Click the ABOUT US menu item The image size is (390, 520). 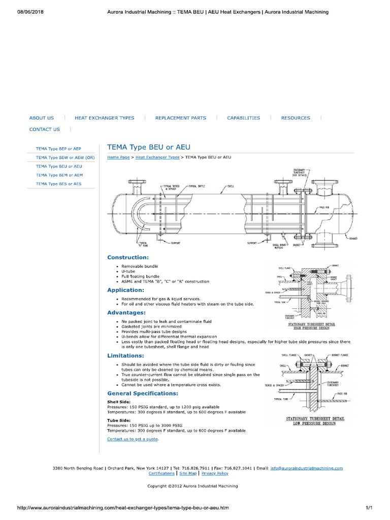point(42,118)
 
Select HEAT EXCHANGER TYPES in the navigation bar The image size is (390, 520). point(105,118)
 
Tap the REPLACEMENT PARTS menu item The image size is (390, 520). point(181,118)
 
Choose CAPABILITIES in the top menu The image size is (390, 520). point(243,118)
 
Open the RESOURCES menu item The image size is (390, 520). point(296,118)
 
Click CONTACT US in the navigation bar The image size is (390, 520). point(45,129)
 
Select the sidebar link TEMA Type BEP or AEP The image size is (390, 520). point(58,149)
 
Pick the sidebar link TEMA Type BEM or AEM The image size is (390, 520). point(59,175)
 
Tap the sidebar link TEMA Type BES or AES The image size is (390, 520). point(58,183)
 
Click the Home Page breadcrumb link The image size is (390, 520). point(118,157)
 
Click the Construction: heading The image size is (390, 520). point(128,257)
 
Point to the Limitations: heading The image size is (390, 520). point(125,355)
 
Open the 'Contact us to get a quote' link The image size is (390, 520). point(133,439)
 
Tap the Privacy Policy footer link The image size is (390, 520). point(215,473)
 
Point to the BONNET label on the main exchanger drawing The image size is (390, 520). point(354,239)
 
